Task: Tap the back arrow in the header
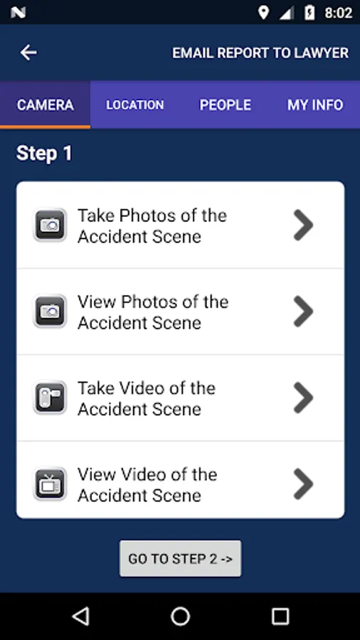pyautogui.click(x=28, y=53)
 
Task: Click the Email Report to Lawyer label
pyautogui.click(x=260, y=53)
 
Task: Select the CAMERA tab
pyautogui.click(x=46, y=105)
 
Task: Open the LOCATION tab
pyautogui.click(x=135, y=105)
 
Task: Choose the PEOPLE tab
pyautogui.click(x=226, y=105)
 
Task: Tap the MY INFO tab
pyautogui.click(x=315, y=105)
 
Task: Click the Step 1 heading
pyautogui.click(x=45, y=154)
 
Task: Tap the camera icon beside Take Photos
pyautogui.click(x=50, y=225)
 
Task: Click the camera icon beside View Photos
pyautogui.click(x=50, y=311)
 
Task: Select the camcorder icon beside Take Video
pyautogui.click(x=50, y=398)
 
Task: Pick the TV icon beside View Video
pyautogui.click(x=50, y=484)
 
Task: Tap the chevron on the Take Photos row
pyautogui.click(x=303, y=225)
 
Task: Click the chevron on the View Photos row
pyautogui.click(x=303, y=311)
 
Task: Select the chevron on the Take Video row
pyautogui.click(x=303, y=398)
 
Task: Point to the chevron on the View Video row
pyautogui.click(x=303, y=484)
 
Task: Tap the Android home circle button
pyautogui.click(x=181, y=616)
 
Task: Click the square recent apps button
pyautogui.click(x=280, y=616)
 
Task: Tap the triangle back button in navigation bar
pyautogui.click(x=81, y=616)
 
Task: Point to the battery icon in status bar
pyautogui.click(x=309, y=13)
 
